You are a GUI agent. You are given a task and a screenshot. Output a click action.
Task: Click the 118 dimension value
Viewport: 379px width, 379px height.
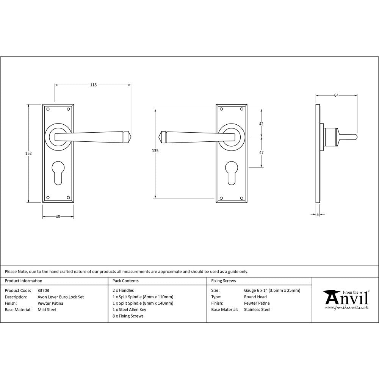coord(93,85)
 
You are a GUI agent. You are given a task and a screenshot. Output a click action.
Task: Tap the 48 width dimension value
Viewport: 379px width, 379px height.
coord(58,217)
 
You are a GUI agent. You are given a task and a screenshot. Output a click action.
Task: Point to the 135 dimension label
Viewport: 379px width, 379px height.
coord(155,151)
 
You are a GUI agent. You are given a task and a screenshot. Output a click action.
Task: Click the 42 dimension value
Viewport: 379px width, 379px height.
coord(261,124)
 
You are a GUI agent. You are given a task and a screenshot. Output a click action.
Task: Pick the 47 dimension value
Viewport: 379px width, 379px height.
coord(261,152)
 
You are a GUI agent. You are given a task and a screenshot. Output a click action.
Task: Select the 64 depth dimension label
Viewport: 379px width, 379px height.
coord(336,96)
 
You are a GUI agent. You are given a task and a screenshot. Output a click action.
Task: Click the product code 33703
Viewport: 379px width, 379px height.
coord(44,291)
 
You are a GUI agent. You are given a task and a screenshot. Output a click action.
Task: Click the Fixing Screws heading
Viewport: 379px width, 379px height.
coord(223,281)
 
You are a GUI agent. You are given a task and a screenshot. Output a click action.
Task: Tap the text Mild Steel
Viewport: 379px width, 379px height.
coord(47,310)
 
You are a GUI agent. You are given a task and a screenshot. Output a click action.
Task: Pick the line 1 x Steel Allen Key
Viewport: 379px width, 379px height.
coord(129,310)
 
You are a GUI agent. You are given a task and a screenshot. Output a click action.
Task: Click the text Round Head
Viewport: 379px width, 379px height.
coord(255,297)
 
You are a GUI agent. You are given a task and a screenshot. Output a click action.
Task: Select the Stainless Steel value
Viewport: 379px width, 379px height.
coord(257,310)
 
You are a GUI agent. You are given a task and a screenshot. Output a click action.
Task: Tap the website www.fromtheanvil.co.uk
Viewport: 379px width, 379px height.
coord(346,308)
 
